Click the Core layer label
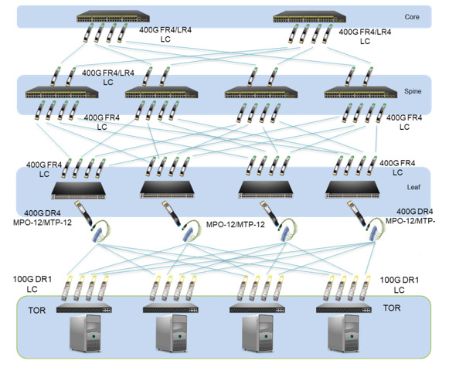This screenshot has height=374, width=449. [x=412, y=17]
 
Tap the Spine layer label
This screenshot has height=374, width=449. [x=413, y=91]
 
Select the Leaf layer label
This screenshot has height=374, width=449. [x=413, y=187]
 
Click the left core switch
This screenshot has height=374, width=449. [x=113, y=16]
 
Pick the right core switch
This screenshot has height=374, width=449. [x=310, y=16]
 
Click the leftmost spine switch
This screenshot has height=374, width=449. [x=62, y=92]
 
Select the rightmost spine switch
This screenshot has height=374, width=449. [x=361, y=92]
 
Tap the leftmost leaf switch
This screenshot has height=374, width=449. [x=79, y=190]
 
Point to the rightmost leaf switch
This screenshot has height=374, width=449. [x=352, y=189]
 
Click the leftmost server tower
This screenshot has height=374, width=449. [x=85, y=333]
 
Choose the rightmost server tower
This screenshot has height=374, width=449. [x=343, y=333]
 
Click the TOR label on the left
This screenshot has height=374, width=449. [x=37, y=310]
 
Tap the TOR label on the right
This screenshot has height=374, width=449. [x=392, y=308]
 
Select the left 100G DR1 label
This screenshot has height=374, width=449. [x=32, y=284]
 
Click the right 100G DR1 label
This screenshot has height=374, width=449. [x=400, y=285]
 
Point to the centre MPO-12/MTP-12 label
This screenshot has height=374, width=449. [x=236, y=224]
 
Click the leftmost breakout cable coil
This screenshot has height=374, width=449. [x=100, y=230]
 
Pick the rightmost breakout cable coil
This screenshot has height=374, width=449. [x=375, y=229]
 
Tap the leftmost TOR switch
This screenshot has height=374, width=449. [x=84, y=308]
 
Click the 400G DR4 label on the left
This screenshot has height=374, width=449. [x=43, y=213]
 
